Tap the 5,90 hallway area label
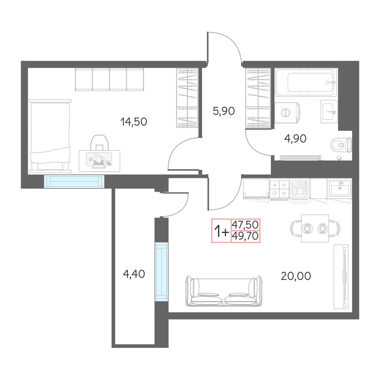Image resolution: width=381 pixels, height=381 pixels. pyautogui.click(x=224, y=111)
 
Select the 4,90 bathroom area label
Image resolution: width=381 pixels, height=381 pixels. pyautogui.click(x=295, y=139)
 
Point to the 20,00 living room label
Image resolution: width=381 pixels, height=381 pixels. pyautogui.click(x=296, y=276)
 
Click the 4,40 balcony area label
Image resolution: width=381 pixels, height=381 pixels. pyautogui.click(x=134, y=274)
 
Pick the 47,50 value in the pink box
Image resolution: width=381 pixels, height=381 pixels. pyautogui.click(x=245, y=225)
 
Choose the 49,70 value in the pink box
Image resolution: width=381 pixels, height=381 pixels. pyautogui.click(x=245, y=236)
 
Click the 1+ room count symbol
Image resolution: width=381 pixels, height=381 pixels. pyautogui.click(x=222, y=231)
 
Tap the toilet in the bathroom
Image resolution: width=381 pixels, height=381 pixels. pyautogui.click(x=341, y=145)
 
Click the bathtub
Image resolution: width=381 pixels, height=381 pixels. pyautogui.click(x=306, y=82)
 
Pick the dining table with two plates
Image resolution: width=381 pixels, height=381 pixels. pyautogui.click(x=315, y=228)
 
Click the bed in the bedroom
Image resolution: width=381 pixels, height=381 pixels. pyautogui.click(x=50, y=136)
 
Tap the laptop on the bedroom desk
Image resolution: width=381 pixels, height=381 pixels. pyautogui.click(x=99, y=161)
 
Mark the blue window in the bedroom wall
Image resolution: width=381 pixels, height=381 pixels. pyautogui.click(x=74, y=181)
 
